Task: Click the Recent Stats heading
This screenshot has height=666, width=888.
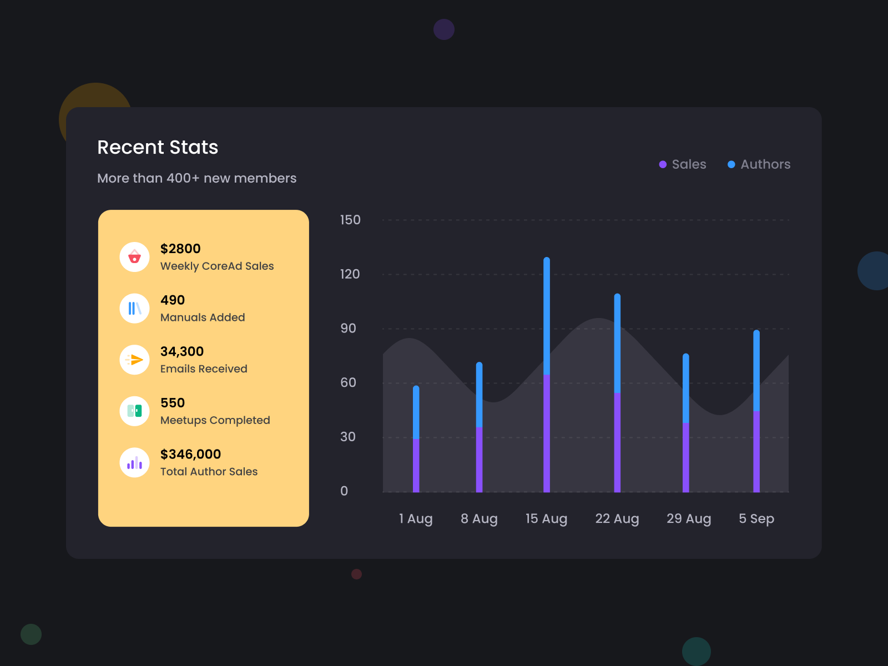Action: click(x=158, y=147)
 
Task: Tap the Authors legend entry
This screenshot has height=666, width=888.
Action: click(x=759, y=164)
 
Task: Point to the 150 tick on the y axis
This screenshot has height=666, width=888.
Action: click(x=350, y=220)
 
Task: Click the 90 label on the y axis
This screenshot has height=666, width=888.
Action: click(x=348, y=328)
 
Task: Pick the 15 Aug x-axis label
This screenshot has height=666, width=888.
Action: click(x=546, y=518)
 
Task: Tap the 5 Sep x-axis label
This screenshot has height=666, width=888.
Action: click(x=756, y=518)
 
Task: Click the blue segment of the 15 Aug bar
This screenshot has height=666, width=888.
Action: click(x=547, y=316)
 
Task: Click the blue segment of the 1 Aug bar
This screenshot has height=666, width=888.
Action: click(x=416, y=412)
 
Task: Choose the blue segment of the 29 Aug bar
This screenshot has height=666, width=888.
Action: click(x=686, y=389)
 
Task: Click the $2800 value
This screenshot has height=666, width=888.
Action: click(x=180, y=249)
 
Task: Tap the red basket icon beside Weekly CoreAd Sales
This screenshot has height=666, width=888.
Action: click(x=134, y=257)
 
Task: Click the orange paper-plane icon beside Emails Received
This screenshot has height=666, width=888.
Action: click(x=134, y=360)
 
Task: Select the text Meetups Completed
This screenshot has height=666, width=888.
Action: click(x=215, y=420)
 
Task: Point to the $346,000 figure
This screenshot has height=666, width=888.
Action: click(x=190, y=454)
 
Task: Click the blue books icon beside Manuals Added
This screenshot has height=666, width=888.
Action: click(x=134, y=309)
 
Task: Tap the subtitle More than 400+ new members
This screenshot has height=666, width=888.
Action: click(x=196, y=178)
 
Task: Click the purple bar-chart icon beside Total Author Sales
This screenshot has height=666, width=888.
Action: click(x=134, y=462)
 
